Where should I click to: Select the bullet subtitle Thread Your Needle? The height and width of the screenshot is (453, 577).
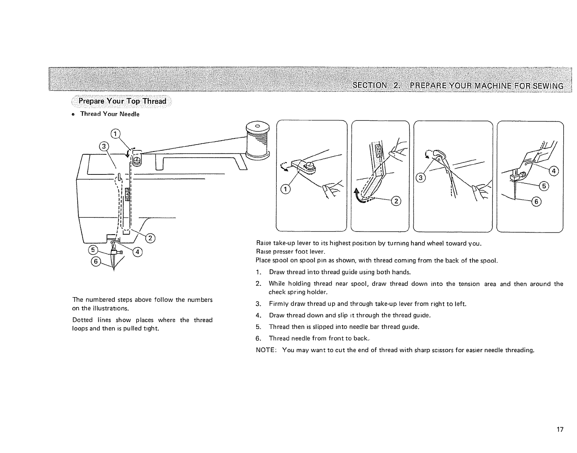tap(110, 114)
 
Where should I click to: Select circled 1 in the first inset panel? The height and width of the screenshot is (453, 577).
tap(286, 189)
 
